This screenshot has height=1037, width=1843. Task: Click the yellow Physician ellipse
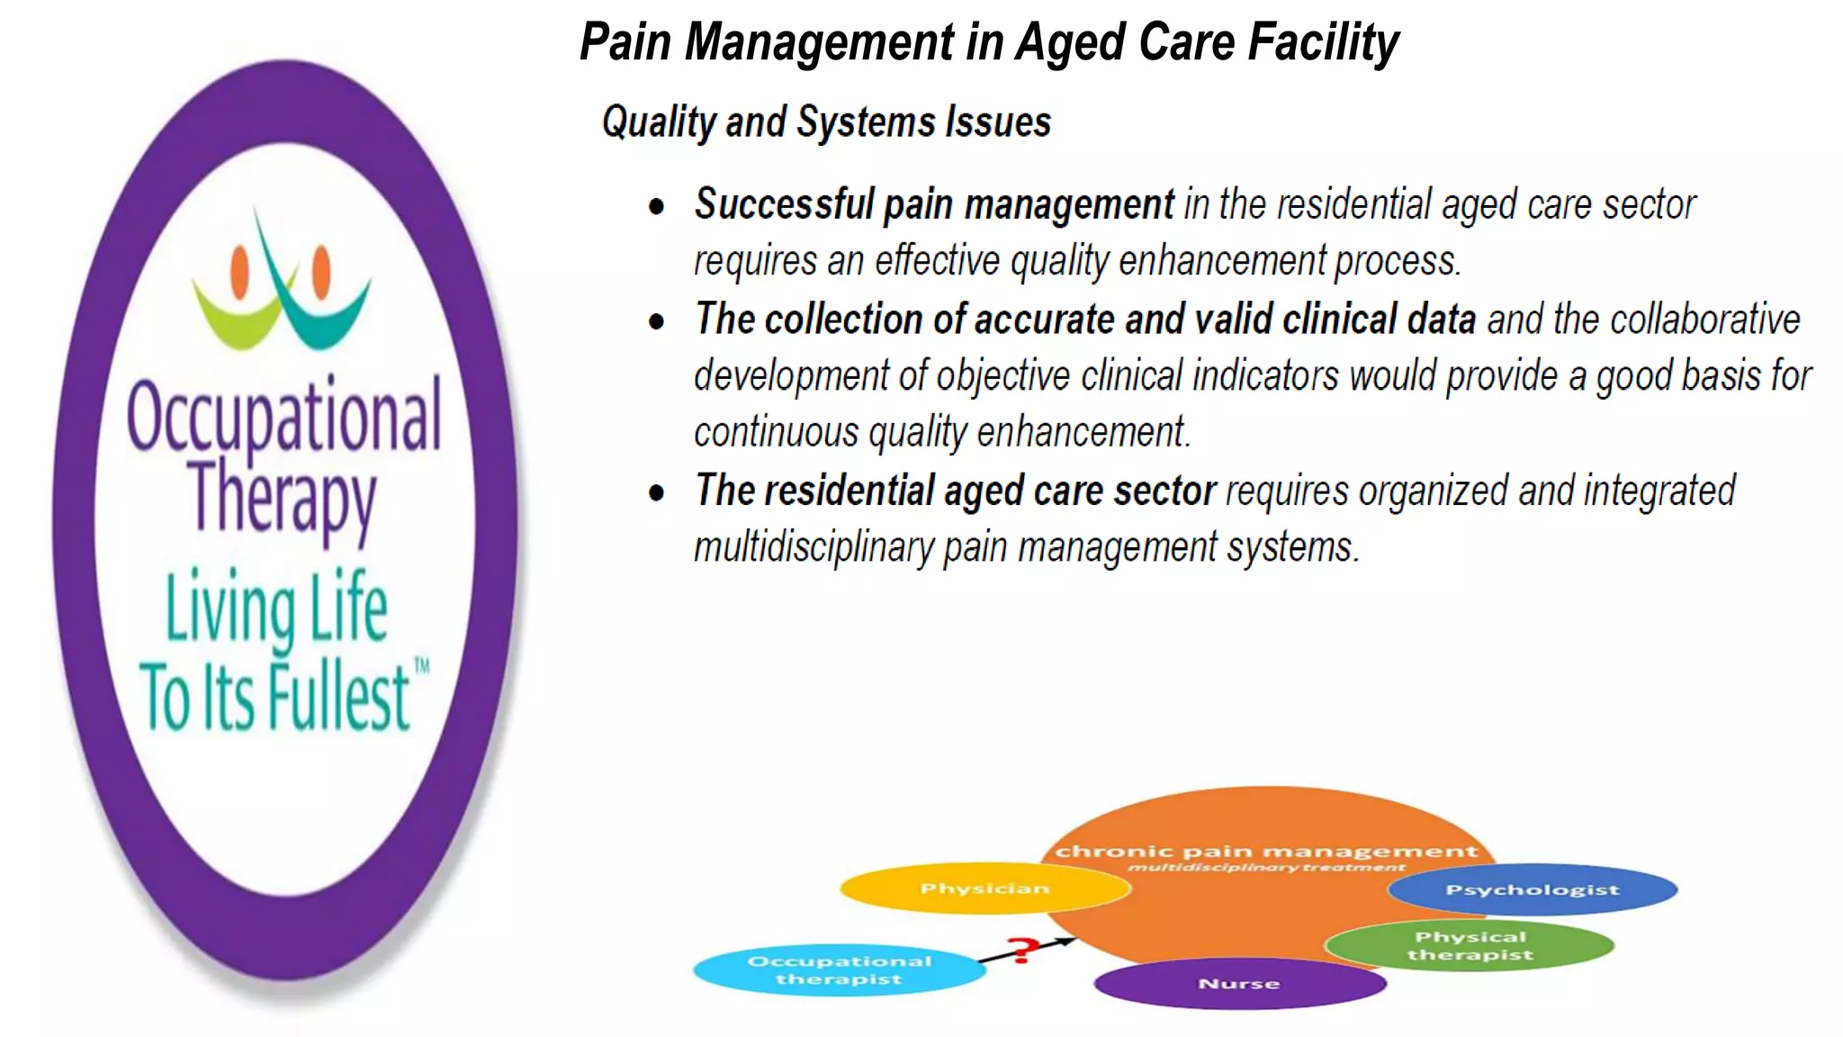(984, 888)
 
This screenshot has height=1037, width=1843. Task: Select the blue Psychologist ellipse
(1532, 889)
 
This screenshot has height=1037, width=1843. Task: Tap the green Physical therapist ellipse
(1470, 946)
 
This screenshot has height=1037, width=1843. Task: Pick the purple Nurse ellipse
(1239, 984)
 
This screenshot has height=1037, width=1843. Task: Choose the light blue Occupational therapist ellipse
(839, 970)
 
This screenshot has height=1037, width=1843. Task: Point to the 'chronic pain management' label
(1266, 851)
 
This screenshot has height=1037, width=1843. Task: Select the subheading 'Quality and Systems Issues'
(826, 122)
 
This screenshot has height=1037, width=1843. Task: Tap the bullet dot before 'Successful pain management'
(657, 206)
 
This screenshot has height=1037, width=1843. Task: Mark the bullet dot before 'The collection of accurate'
(657, 321)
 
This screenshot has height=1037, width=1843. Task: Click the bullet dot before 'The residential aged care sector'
(657, 492)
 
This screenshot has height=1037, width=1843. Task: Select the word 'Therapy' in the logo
(282, 498)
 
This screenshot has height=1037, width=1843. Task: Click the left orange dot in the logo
(239, 271)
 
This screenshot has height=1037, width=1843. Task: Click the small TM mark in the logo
(421, 665)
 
